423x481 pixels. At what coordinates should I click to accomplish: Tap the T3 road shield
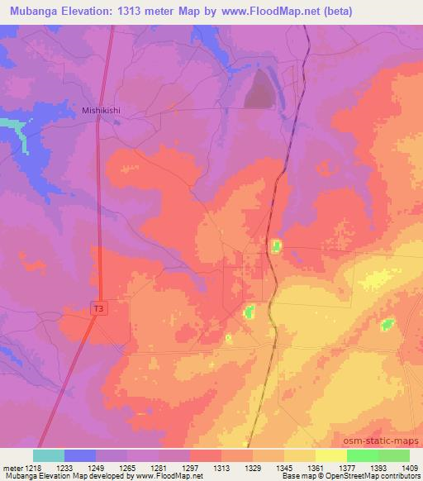pyautogui.click(x=98, y=308)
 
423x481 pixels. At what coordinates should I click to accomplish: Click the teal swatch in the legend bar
pyautogui.click(x=49, y=455)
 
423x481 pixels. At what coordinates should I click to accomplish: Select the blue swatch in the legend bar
pyautogui.click(x=80, y=455)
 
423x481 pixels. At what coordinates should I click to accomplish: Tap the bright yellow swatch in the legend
pyautogui.click(x=331, y=455)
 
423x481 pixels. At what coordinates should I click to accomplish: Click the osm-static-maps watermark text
pyautogui.click(x=387, y=441)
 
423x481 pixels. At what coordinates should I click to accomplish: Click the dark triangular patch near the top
pyautogui.click(x=259, y=92)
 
